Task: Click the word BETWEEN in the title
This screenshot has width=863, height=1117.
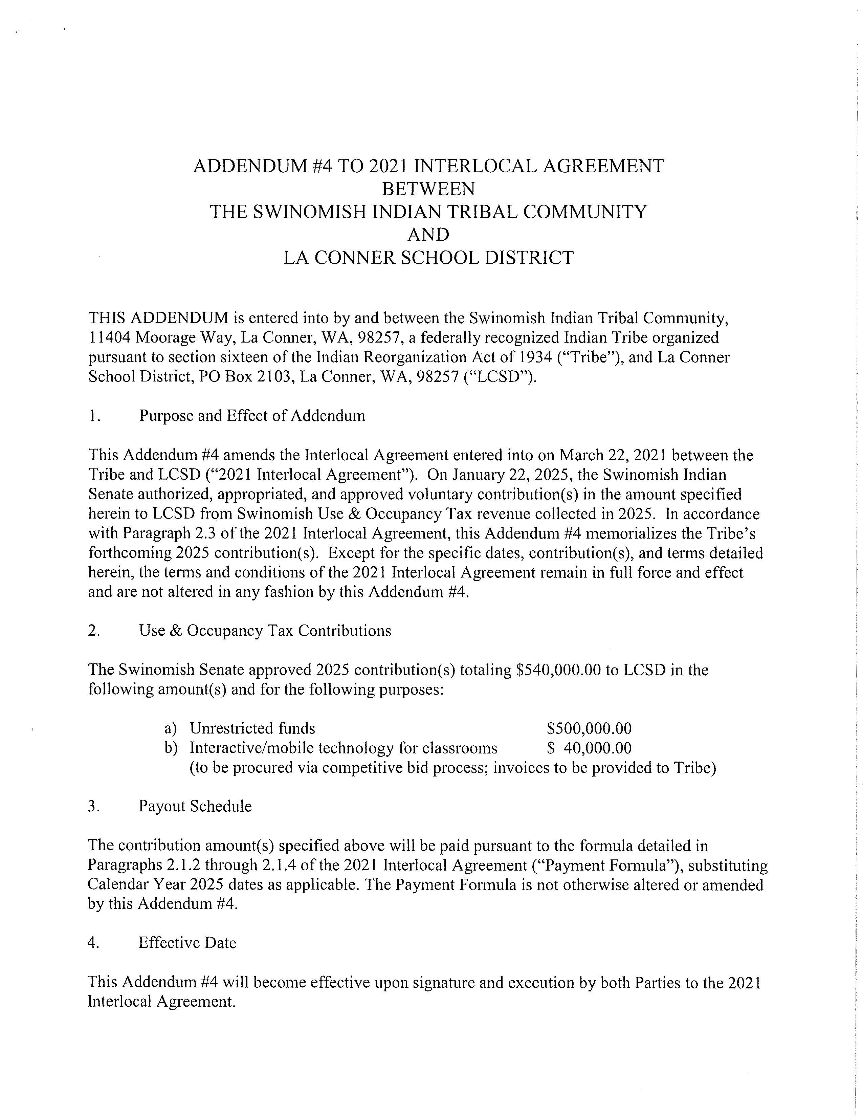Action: pos(428,189)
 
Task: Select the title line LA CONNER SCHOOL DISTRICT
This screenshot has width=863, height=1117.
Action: pos(428,257)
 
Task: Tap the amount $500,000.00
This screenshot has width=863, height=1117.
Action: pos(589,728)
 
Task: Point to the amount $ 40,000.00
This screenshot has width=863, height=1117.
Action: pos(589,748)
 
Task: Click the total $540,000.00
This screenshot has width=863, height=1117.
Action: pos(558,670)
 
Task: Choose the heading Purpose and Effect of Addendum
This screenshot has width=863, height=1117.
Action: pos(252,416)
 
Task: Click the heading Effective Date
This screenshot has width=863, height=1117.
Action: pos(187,943)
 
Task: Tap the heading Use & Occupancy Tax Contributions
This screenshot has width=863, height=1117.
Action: pos(265,631)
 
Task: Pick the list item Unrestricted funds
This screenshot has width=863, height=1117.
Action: pos(252,728)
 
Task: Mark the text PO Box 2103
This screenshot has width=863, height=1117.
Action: pos(245,377)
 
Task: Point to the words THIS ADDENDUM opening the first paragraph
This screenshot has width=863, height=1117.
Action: pos(158,318)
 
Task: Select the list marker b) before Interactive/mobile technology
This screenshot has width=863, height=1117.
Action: pos(171,748)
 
